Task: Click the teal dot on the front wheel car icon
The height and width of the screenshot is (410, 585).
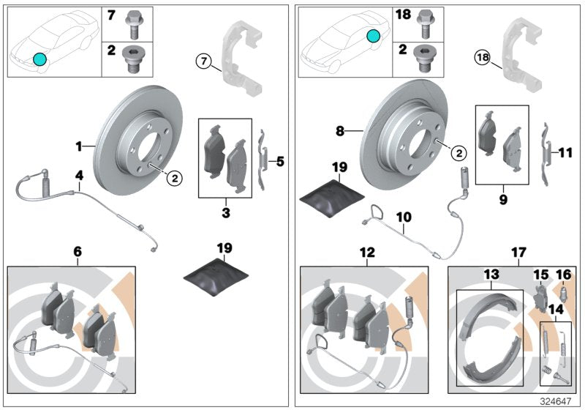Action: [x=39, y=58]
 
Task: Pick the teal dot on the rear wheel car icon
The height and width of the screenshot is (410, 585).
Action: [x=374, y=35]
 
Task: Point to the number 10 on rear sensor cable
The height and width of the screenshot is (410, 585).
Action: [x=404, y=217]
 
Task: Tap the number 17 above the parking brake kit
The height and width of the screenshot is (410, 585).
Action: [x=518, y=253]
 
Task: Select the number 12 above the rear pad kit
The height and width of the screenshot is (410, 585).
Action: [x=367, y=253]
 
